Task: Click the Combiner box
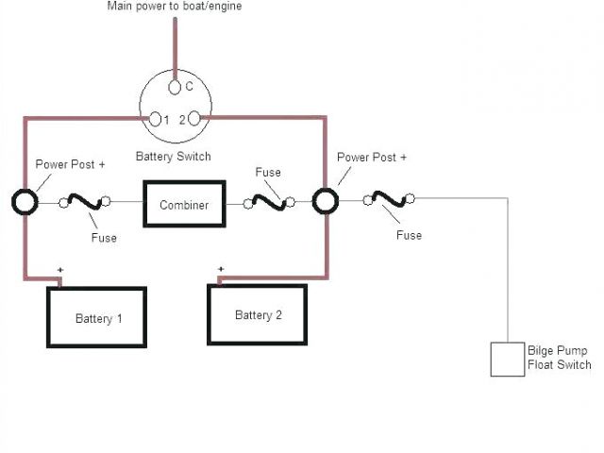(184, 204)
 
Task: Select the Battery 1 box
(98, 317)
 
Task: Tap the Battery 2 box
(258, 314)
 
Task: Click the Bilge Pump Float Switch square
(508, 360)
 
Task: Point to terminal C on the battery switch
(176, 88)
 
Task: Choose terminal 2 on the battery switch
(194, 120)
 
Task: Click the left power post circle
(25, 202)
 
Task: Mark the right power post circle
(327, 201)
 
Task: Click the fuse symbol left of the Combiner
(84, 202)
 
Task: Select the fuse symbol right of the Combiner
(268, 201)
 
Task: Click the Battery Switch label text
(174, 156)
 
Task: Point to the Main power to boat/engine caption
(176, 7)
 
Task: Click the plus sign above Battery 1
(60, 271)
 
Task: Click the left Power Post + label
(71, 164)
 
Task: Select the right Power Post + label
(372, 158)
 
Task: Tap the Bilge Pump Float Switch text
(561, 358)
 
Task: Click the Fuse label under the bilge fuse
(409, 234)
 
